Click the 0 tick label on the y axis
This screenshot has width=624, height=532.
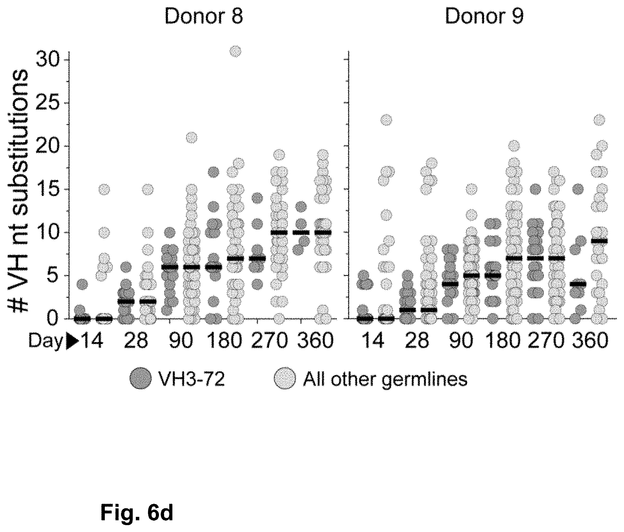pyautogui.click(x=56, y=319)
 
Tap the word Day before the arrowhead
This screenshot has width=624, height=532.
pyautogui.click(x=46, y=341)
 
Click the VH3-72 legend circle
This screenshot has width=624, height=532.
pyautogui.click(x=140, y=379)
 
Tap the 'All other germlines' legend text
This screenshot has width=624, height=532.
pyautogui.click(x=385, y=379)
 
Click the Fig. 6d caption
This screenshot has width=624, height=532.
pyautogui.click(x=137, y=513)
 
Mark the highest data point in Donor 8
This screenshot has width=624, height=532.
pyautogui.click(x=236, y=52)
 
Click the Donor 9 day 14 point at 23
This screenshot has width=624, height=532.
pyautogui.click(x=386, y=120)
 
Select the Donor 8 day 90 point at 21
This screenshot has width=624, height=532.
pyautogui.click(x=192, y=138)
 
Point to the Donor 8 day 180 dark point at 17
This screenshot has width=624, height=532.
pyautogui.click(x=214, y=172)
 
